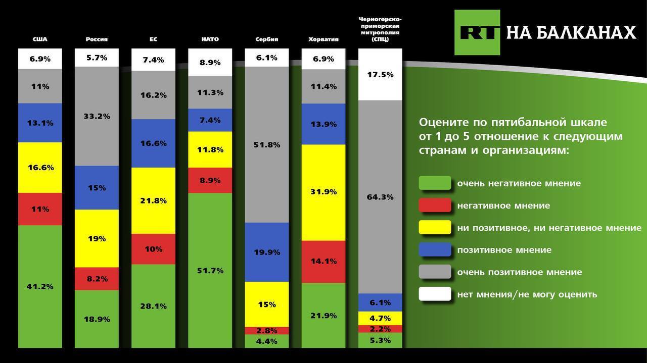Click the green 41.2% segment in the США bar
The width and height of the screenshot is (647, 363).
click(x=40, y=286)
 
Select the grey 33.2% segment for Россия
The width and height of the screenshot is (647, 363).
click(x=97, y=116)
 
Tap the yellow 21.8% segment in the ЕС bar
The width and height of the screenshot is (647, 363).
click(x=153, y=200)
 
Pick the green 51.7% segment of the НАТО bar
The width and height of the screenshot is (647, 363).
click(x=210, y=270)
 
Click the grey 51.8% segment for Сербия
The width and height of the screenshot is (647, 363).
click(x=267, y=145)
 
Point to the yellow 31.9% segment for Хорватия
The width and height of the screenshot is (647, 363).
click(x=323, y=192)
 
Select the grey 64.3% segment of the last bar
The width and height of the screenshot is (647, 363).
click(x=380, y=197)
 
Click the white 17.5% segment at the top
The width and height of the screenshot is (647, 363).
click(x=380, y=75)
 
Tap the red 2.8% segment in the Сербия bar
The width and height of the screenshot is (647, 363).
click(x=267, y=331)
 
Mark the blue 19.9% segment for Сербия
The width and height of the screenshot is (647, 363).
click(x=267, y=252)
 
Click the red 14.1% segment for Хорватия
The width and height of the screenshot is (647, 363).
click(x=323, y=261)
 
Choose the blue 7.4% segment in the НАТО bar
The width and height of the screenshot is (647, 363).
click(x=210, y=120)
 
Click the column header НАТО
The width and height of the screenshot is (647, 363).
click(x=210, y=39)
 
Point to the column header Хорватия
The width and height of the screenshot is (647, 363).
click(x=323, y=39)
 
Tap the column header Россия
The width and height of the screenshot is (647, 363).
click(x=97, y=39)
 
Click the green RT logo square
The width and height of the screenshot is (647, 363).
click(x=477, y=32)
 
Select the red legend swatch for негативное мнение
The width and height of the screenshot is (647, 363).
click(x=435, y=205)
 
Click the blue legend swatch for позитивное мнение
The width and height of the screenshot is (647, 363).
click(x=435, y=250)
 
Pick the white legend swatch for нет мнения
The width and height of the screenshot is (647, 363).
click(x=435, y=294)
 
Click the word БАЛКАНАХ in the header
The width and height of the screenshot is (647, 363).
click(x=584, y=33)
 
